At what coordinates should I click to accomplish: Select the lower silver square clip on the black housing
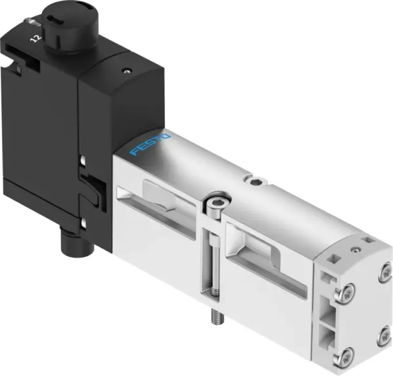click(x=83, y=223)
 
